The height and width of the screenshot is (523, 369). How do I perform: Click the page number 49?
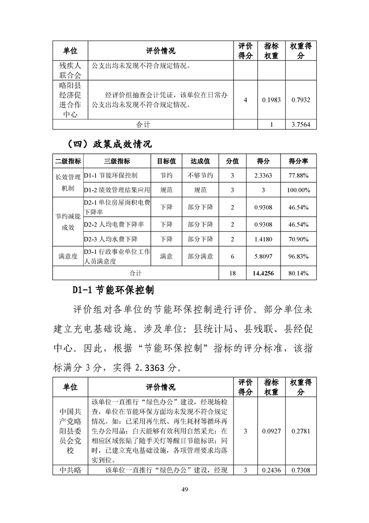pyautogui.click(x=184, y=489)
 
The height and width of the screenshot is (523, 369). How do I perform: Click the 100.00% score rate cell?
pyautogui.click(x=299, y=190)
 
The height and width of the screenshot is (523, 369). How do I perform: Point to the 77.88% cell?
pyautogui.click(x=299, y=176)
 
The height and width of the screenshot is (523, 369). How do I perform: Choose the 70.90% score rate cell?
pyautogui.click(x=299, y=239)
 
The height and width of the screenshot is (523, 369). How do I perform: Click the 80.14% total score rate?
pyautogui.click(x=299, y=273)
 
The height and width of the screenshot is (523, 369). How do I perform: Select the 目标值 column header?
pyautogui.click(x=166, y=161)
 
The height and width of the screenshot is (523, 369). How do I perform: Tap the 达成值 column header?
pyautogui.click(x=200, y=161)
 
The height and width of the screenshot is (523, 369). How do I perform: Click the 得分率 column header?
pyautogui.click(x=299, y=161)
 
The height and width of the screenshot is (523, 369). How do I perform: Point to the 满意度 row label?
pyautogui.click(x=68, y=256)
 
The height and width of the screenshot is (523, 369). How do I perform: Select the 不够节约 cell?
pyautogui.click(x=200, y=176)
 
